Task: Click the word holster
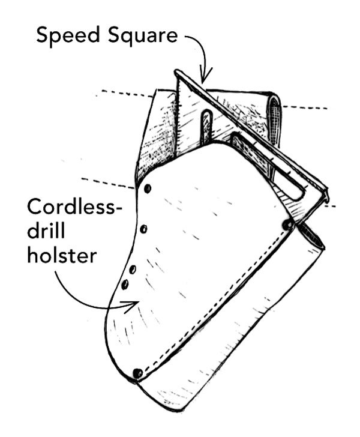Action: (62, 256)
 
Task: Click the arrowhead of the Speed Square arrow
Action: (205, 80)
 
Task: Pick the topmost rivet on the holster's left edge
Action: (148, 190)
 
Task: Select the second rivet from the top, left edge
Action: (143, 229)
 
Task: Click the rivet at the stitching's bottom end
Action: (138, 373)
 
